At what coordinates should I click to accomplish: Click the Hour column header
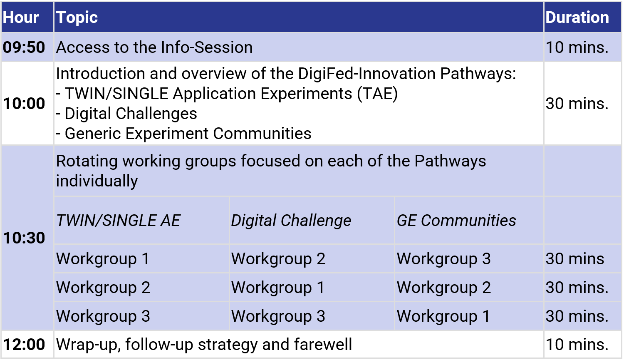(x=21, y=17)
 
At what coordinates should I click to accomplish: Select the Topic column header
(x=77, y=17)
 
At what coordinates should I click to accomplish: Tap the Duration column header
(x=577, y=17)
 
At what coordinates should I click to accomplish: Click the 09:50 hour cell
(x=24, y=47)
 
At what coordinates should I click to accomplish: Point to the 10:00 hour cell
(x=24, y=104)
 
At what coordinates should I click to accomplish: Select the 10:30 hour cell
(x=24, y=238)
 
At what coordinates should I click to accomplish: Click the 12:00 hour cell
(x=24, y=345)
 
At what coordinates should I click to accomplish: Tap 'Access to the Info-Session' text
(x=154, y=47)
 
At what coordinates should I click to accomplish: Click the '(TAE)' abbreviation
(x=377, y=94)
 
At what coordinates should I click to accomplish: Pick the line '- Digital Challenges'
(x=127, y=114)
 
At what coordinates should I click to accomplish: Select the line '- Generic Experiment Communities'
(x=184, y=134)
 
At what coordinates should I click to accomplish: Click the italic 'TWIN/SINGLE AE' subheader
(x=118, y=221)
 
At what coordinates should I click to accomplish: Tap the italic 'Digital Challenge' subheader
(x=291, y=221)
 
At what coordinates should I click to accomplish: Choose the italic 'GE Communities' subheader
(x=456, y=221)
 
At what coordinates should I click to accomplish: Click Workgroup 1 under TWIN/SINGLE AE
(x=103, y=259)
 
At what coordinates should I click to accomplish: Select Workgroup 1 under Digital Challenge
(x=278, y=288)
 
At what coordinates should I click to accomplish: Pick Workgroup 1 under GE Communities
(x=443, y=316)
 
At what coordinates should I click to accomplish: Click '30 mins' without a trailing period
(x=574, y=259)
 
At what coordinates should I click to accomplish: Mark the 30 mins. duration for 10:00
(x=577, y=104)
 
